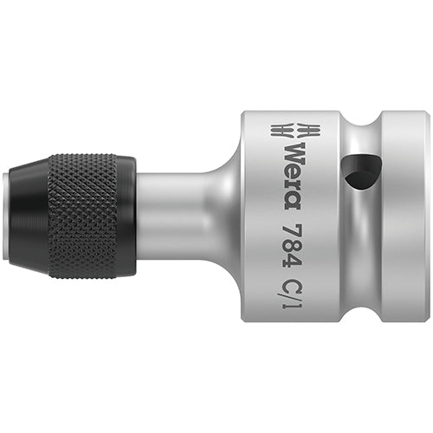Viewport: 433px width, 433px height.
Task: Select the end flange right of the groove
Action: click(x=407, y=216)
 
